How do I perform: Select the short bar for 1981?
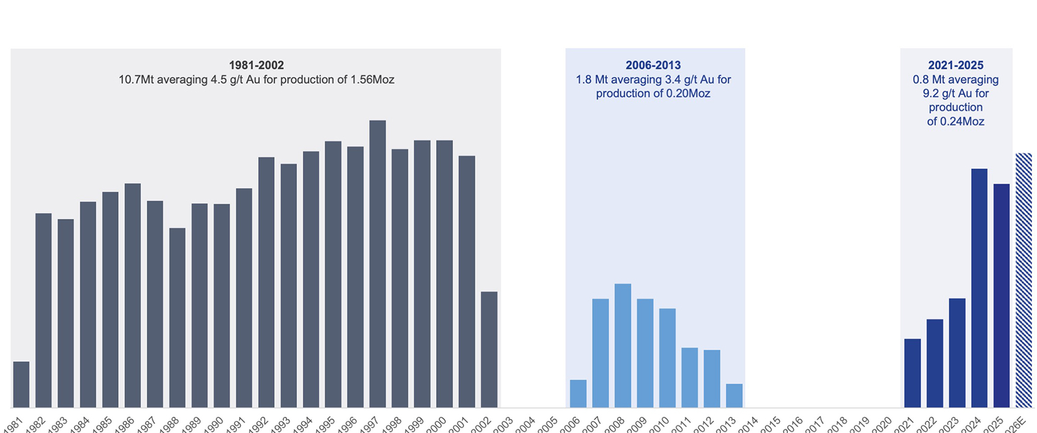21,384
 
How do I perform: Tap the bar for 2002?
489,349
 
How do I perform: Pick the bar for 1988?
177,317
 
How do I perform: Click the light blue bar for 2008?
623,345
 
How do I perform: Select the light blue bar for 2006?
578,393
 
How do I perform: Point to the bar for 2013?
734,395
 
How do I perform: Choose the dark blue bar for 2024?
979,288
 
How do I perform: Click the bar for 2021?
912,373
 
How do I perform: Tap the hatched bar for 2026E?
1024,280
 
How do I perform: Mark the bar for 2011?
690,377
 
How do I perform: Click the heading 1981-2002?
256,65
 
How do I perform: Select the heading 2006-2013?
653,65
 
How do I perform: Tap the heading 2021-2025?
955,65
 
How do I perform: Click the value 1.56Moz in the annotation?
372,80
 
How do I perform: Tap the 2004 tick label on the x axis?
526,424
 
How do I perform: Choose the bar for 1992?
266,282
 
